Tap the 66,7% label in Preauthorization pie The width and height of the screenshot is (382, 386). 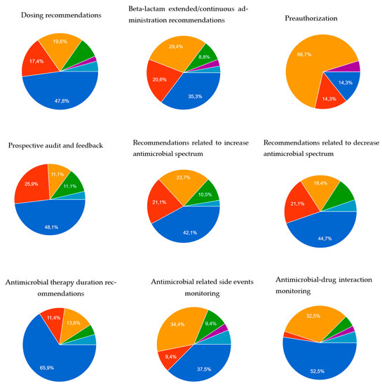[305, 53]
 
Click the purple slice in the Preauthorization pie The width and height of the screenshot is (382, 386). [355, 67]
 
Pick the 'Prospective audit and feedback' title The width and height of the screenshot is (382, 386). [55, 145]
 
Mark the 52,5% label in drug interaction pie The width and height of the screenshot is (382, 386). [319, 363]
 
